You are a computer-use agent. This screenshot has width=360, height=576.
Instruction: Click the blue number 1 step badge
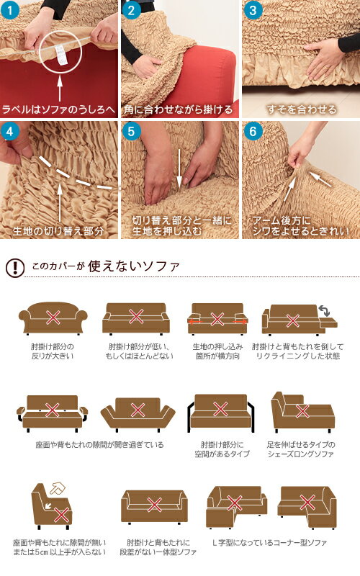coord(10,10)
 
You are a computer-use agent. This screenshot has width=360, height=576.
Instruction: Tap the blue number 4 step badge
coord(10,131)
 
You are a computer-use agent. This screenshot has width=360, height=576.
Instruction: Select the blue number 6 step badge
coord(253,131)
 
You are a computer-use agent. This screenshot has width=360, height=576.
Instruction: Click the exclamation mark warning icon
coord(15,267)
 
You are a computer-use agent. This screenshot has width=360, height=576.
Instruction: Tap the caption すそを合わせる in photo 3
coord(302,109)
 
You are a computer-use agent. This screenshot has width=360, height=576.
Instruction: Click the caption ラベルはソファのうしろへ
coord(59,109)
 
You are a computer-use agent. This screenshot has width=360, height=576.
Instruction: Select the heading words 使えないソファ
coord(134,266)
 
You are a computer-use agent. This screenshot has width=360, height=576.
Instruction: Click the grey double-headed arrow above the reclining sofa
coord(324,310)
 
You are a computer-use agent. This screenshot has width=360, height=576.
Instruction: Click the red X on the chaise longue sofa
coord(302,410)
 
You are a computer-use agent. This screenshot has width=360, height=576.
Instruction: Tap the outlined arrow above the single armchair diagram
coord(58,489)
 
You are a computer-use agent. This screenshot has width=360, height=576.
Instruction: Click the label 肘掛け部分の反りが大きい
coord(52,351)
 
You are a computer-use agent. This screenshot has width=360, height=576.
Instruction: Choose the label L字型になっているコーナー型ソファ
coord(269,543)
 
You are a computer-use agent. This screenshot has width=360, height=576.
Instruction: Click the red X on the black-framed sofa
coord(220,409)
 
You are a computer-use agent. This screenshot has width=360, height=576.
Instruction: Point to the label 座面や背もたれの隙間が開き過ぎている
coord(99,445)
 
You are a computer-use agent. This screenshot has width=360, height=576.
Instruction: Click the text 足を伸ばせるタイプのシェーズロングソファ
coord(301,449)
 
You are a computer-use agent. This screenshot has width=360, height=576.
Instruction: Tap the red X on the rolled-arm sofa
coord(53,318)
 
